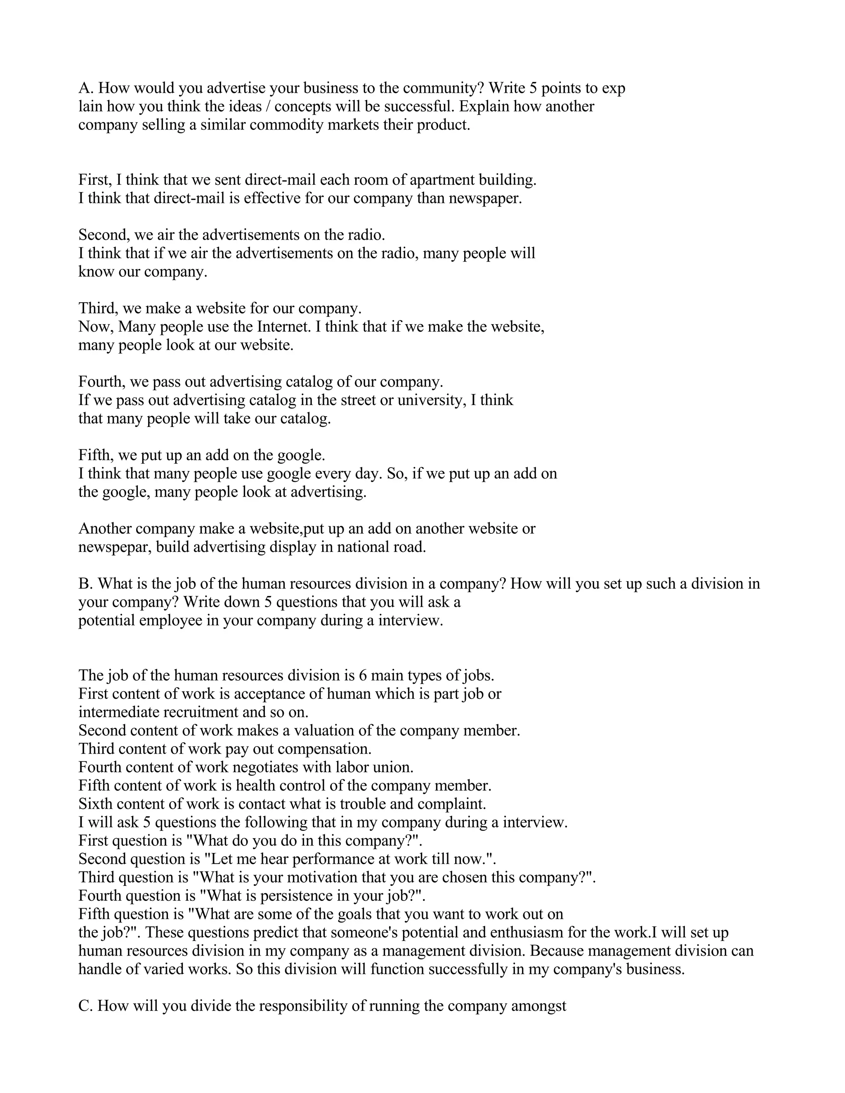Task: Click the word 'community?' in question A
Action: coord(444,88)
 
